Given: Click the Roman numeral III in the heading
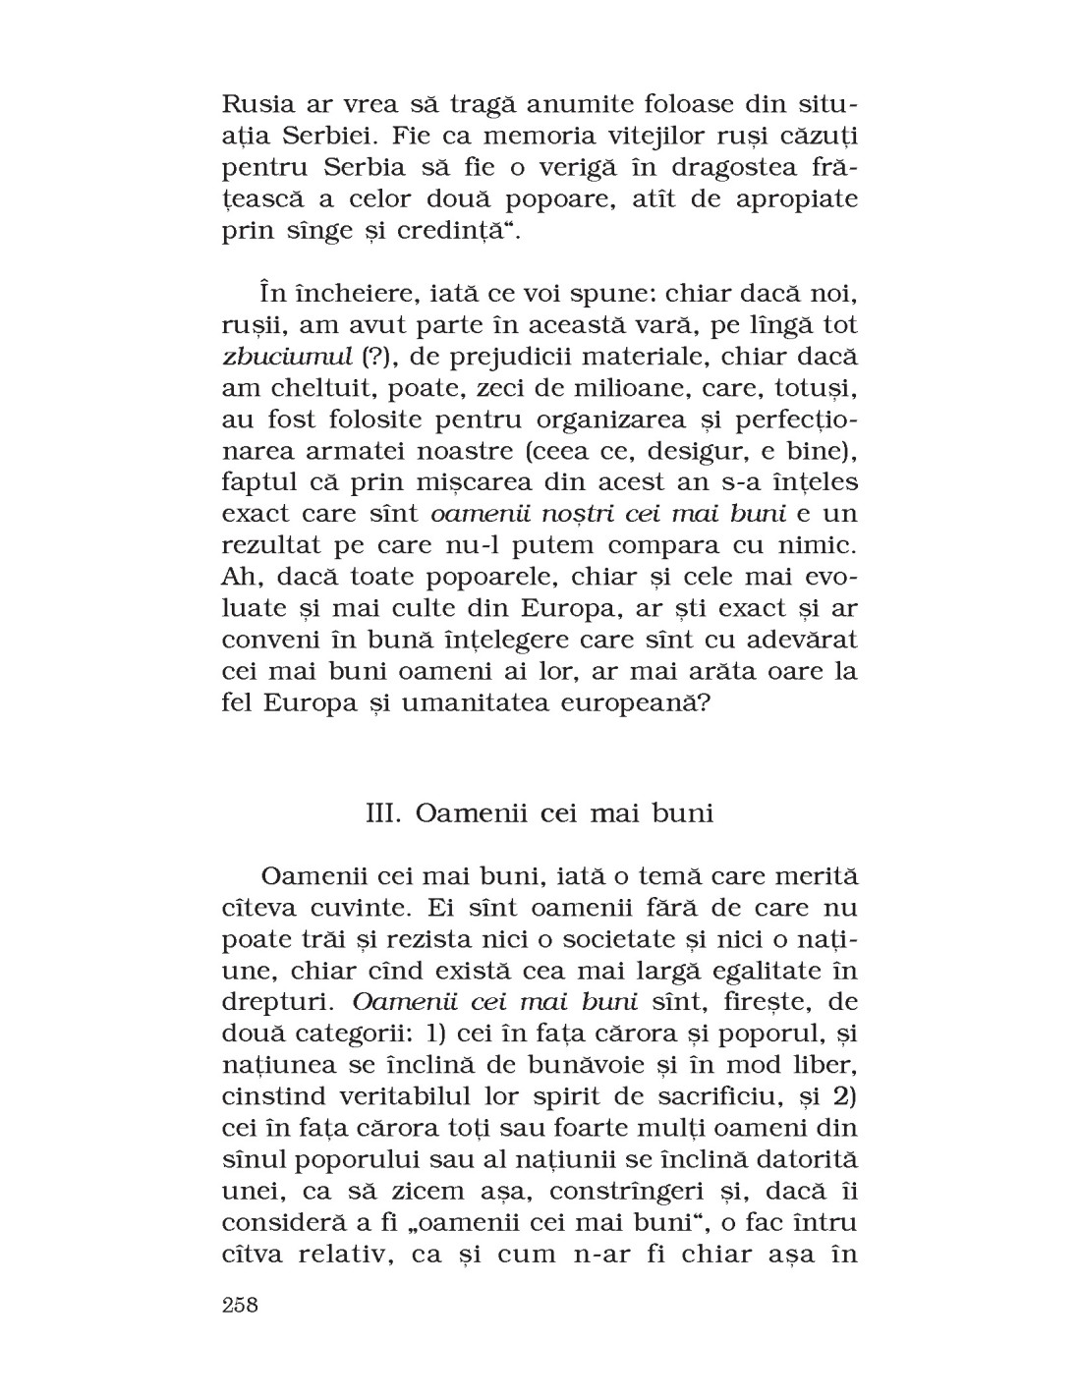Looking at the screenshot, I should coord(381,814).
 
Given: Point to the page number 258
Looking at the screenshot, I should coord(240,1306).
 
